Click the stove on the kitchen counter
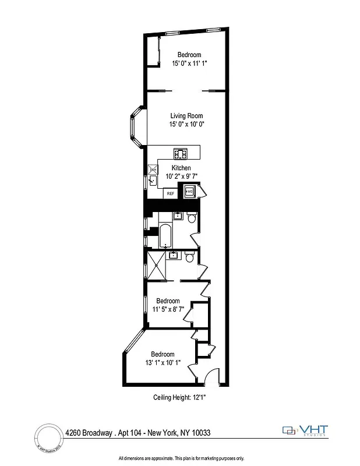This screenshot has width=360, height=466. (x=181, y=154)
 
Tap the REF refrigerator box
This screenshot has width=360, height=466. (x=171, y=193)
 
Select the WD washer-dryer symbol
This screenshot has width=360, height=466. (x=190, y=190)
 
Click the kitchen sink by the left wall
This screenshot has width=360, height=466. (x=152, y=181)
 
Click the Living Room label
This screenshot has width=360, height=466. (x=186, y=116)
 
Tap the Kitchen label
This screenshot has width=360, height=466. (x=181, y=168)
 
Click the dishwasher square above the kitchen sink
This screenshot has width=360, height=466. (x=152, y=170)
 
